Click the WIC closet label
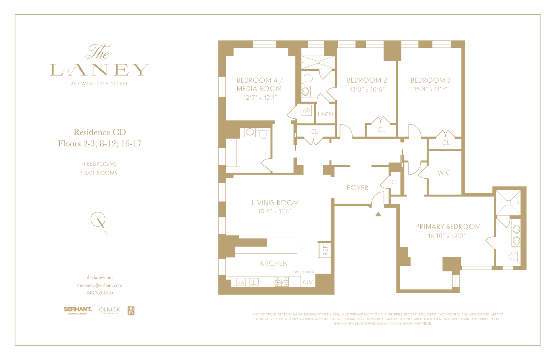point(444,173)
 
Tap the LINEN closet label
point(325,114)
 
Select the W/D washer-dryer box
point(306,110)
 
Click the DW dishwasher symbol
point(241,282)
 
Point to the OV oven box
point(308,282)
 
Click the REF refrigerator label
point(325,250)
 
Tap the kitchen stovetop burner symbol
point(281,282)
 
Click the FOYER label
point(358,188)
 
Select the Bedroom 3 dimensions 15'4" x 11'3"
point(430,89)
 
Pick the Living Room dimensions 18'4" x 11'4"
point(275,211)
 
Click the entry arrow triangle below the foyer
point(378,214)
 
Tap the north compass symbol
point(99,220)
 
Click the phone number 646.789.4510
point(100,293)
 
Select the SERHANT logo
point(77,310)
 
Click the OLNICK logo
point(110,310)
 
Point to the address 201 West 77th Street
point(99,84)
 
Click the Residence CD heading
point(100,132)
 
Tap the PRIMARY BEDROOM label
point(448,227)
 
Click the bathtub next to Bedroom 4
point(232,153)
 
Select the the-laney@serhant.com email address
point(100,285)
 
